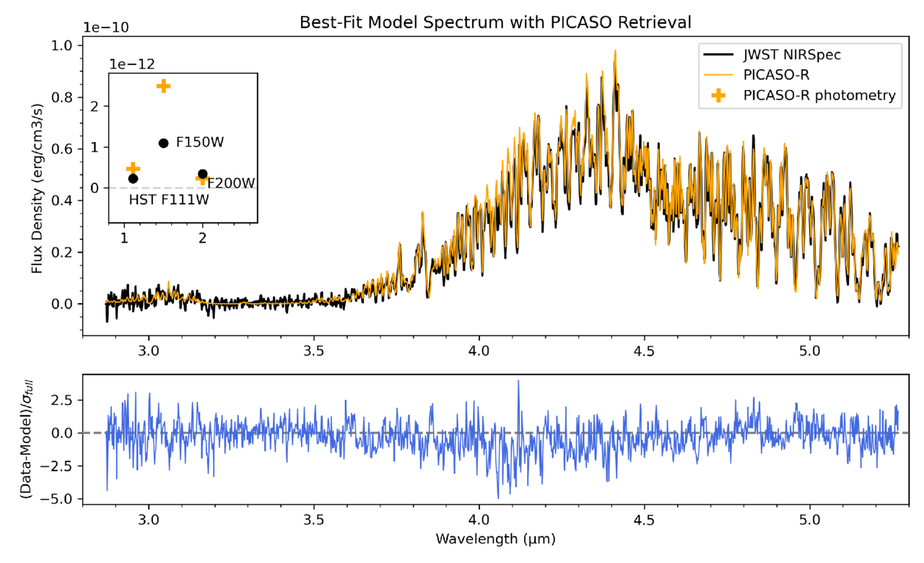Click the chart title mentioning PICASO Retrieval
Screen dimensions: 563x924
[495, 23]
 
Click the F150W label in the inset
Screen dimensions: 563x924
[200, 142]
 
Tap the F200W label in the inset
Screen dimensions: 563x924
[231, 183]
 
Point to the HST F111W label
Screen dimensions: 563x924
[168, 200]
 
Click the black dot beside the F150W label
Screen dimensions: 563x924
[163, 143]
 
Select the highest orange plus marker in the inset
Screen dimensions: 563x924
[163, 86]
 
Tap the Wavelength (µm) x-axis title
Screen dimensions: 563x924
[495, 538]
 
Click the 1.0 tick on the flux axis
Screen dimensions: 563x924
[62, 45]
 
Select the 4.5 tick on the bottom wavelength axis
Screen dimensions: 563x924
[644, 518]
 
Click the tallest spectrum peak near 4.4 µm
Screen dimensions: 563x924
[615, 50]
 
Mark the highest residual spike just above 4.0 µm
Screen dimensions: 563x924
[518, 380]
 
